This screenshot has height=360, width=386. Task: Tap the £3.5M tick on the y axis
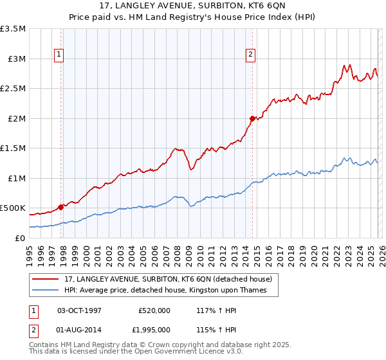[x=13, y=29]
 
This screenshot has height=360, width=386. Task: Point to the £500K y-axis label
[x=13, y=208]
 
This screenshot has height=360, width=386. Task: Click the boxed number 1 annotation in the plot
[x=59, y=55]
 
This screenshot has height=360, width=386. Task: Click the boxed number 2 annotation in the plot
[x=250, y=55]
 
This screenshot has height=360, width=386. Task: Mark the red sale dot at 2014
[x=252, y=118]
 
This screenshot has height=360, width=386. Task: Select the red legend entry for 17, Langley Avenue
[x=170, y=279]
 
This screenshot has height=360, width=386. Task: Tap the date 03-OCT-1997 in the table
[x=80, y=310]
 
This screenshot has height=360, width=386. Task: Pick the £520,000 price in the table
[x=154, y=310]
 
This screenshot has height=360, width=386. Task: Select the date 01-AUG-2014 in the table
[x=80, y=329]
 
